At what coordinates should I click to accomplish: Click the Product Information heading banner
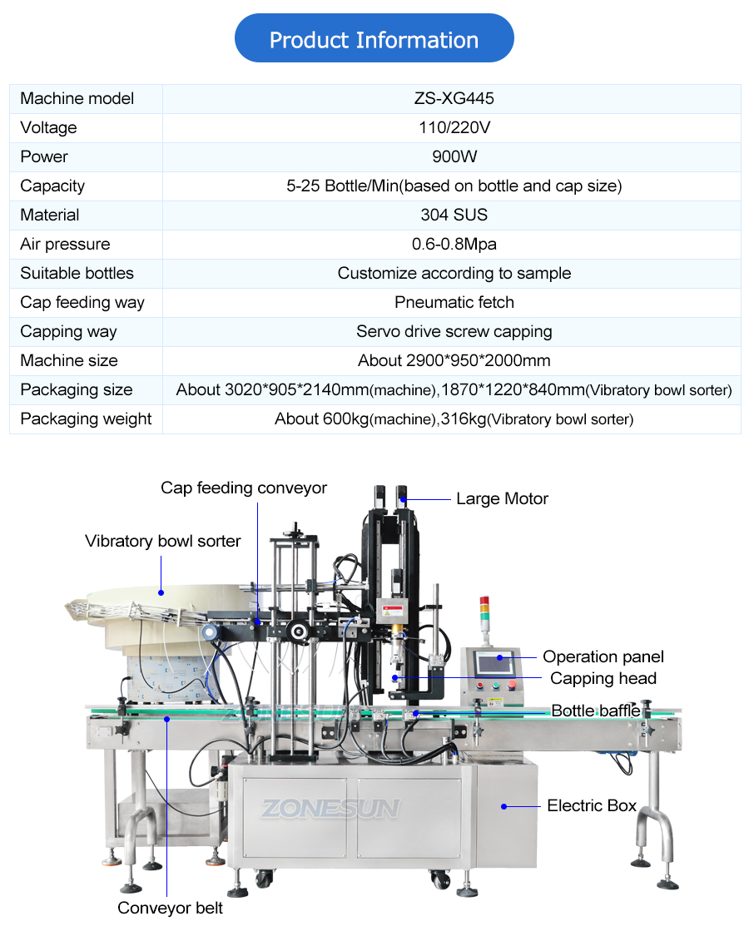374,39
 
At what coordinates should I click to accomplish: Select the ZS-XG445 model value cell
454,98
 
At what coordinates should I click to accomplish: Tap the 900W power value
454,156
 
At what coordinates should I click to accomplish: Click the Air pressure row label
65,244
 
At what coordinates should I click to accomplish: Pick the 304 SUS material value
454,215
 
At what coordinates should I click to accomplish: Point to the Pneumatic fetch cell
454,302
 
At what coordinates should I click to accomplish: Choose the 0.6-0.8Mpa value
454,244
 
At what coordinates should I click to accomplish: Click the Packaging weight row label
86,418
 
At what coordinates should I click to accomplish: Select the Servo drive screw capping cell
454,331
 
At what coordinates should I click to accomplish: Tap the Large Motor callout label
502,499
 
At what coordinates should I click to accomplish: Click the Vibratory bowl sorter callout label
162,542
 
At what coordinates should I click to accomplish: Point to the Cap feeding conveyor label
244,488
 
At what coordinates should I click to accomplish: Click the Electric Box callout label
591,805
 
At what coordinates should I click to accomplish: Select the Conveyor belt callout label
170,908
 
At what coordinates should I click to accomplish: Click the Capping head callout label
603,678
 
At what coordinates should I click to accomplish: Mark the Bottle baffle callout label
596,711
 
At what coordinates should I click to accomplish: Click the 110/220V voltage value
454,127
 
